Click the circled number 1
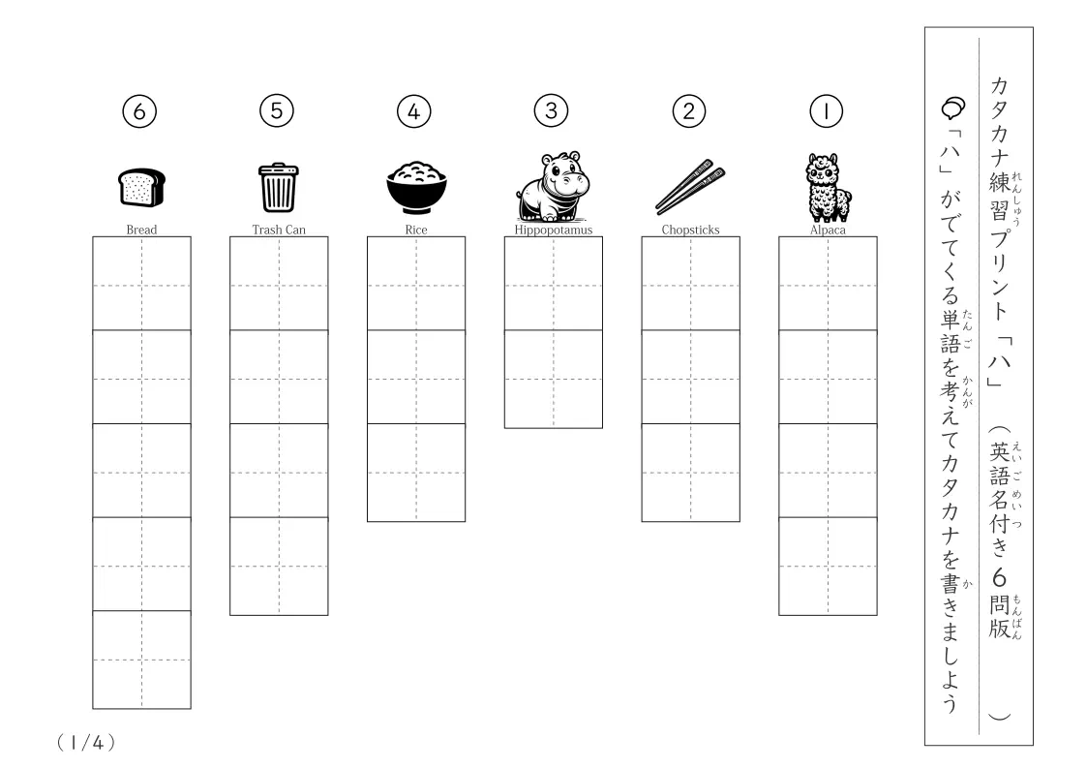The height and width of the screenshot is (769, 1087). pos(827,111)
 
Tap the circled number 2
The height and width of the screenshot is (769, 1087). pos(689,111)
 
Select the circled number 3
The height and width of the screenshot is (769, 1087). pos(552,110)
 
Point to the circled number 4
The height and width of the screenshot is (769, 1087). pos(414,111)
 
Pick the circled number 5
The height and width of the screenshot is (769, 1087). pos(277,110)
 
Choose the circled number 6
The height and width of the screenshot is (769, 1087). pos(139,111)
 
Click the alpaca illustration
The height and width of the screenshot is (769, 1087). pos(828,187)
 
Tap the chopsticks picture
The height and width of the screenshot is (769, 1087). pos(690,187)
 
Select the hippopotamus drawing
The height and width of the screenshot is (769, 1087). pos(553,187)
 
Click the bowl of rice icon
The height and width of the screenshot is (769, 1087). pos(416,187)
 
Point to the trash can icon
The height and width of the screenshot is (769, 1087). pos(279,187)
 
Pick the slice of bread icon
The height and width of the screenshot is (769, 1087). pos(141,187)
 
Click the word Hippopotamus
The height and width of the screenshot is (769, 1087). pos(554,230)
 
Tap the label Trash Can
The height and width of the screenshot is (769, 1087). pos(279,230)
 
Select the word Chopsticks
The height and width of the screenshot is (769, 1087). pos(690,230)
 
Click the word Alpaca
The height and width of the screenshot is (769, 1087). pos(828,230)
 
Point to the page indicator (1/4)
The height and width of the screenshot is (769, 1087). pos(86,743)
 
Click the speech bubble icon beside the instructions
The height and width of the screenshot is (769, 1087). pos(953,108)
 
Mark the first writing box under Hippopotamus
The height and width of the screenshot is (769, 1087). pos(554,284)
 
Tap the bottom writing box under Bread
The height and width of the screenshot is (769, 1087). pos(141,660)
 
